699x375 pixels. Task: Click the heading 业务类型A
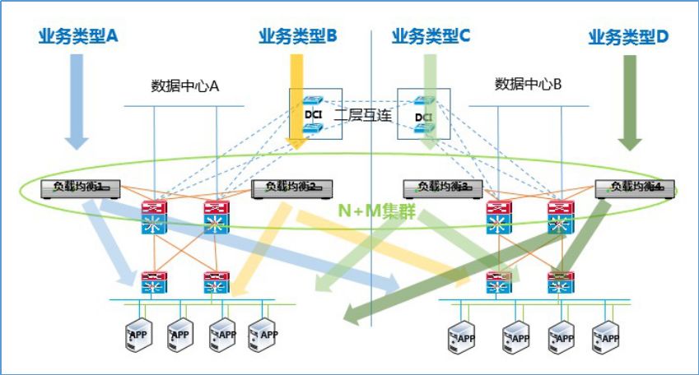pyautogui.click(x=79, y=36)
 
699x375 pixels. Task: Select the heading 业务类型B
pyautogui.click(x=298, y=36)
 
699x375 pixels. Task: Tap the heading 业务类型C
pyautogui.click(x=431, y=36)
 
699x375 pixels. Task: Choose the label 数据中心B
pyautogui.click(x=528, y=84)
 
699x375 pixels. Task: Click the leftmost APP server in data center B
pyautogui.click(x=461, y=336)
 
